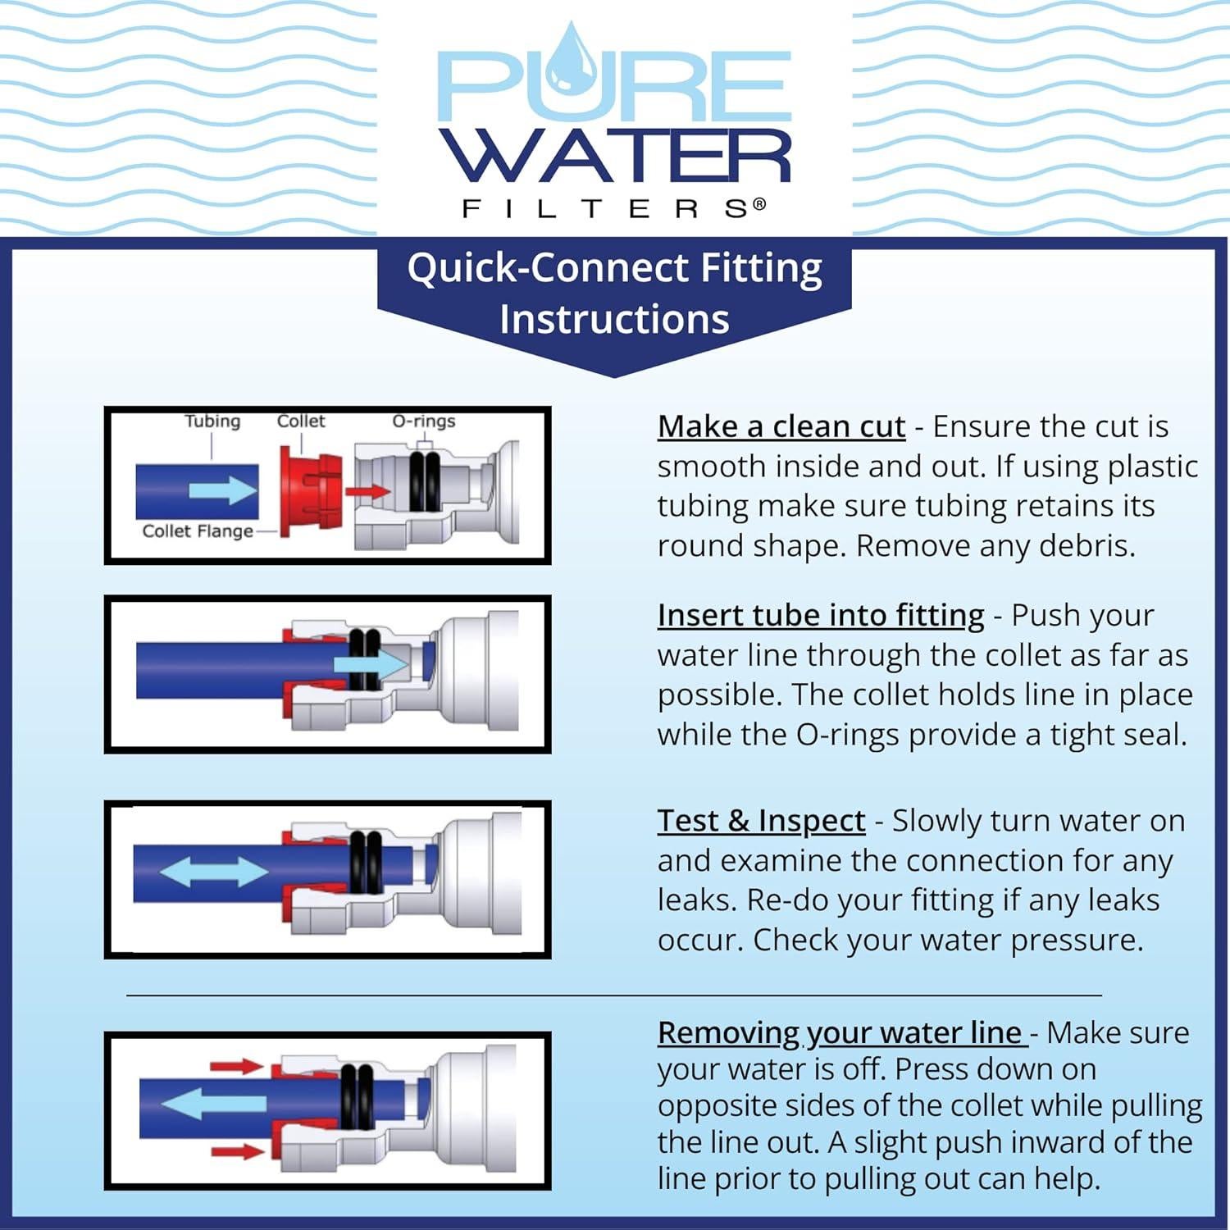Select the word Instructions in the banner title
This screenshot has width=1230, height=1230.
point(614,319)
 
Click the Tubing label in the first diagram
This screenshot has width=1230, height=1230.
point(212,421)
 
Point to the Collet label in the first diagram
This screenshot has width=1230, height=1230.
point(301,421)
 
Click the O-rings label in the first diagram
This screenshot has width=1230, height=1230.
point(423,421)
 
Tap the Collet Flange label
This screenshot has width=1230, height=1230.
point(198,531)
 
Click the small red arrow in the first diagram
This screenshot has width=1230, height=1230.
point(367,492)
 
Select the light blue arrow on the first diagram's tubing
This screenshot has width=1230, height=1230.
point(223,490)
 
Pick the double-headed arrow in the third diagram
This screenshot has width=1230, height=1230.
point(213,872)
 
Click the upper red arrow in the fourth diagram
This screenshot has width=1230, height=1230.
point(236,1067)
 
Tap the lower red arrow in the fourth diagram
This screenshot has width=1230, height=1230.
point(236,1152)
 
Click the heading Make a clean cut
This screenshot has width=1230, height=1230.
point(781,427)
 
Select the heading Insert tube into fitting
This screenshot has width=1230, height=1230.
point(820,616)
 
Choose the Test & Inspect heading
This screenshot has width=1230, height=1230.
point(761,821)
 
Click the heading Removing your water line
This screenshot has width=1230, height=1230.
point(840,1033)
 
